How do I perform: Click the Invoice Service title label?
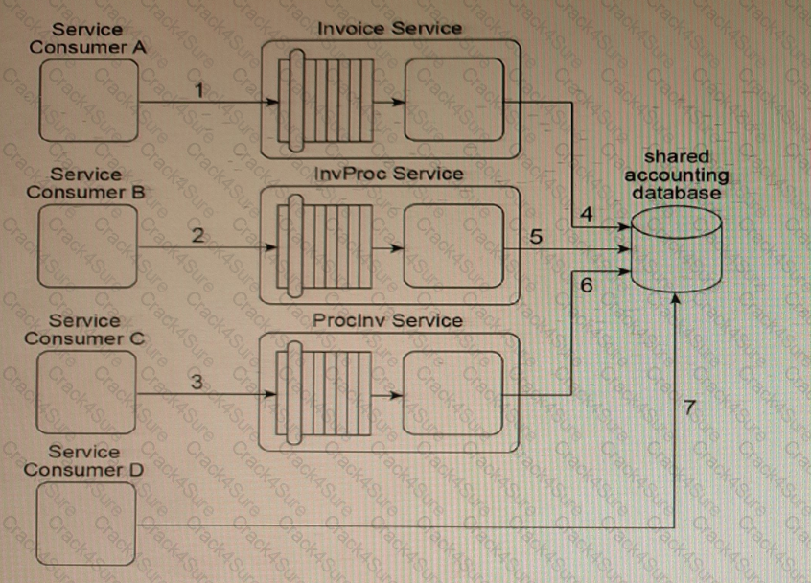(389, 28)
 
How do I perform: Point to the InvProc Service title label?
(389, 174)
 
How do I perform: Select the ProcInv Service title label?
(387, 319)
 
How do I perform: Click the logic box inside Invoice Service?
(453, 101)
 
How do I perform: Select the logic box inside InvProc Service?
(453, 246)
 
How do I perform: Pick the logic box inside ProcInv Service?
(453, 393)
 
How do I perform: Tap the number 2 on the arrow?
(197, 235)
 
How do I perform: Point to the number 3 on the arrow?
(197, 382)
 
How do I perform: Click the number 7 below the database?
(688, 408)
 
